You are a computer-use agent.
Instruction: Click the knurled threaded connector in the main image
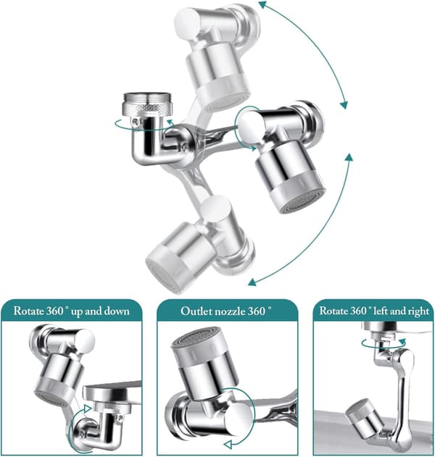(148, 104)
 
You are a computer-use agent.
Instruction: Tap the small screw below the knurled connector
(135, 121)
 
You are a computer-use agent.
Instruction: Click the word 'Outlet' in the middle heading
(196, 311)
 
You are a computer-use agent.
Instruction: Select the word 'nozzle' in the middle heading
(230, 311)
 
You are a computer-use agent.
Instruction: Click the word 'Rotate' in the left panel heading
(28, 311)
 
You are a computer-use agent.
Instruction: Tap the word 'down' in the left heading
(117, 311)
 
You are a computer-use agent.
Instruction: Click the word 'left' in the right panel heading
(381, 311)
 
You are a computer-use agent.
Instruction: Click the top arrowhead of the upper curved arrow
(262, 4)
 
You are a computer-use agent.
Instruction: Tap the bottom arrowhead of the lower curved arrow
(252, 282)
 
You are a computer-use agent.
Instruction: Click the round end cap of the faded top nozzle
(188, 20)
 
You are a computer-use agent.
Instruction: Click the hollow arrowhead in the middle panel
(228, 445)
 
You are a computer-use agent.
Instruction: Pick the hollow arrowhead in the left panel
(88, 408)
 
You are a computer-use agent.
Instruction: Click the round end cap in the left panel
(86, 340)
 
